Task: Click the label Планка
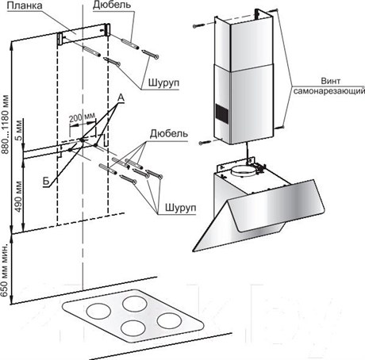[25, 6]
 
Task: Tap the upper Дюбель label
[112, 5]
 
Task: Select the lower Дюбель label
[169, 134]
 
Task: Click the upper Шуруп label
[163, 82]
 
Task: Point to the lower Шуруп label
[181, 208]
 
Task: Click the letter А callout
[121, 98]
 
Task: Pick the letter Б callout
[46, 182]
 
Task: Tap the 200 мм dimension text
[82, 117]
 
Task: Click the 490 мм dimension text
[18, 197]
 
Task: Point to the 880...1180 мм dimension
[5, 124]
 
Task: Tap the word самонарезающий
[329, 91]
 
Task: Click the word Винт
[330, 81]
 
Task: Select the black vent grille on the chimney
[222, 114]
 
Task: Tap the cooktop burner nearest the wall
[135, 303]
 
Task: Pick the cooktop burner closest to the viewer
[133, 328]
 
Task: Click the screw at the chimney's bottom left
[205, 143]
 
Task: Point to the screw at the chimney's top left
[198, 25]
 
